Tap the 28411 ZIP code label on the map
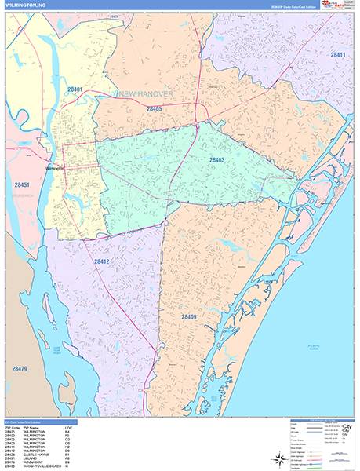coord(338,55)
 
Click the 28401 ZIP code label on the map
coord(74,89)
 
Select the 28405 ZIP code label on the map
coord(154,109)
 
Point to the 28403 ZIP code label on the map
coord(216,159)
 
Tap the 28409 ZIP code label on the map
coord(189,317)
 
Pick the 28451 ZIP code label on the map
coord(21,185)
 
